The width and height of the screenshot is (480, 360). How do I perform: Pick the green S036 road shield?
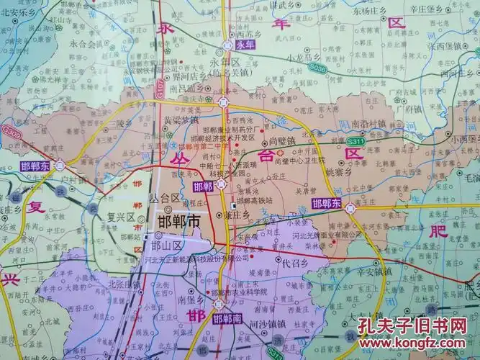pos(317,69)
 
